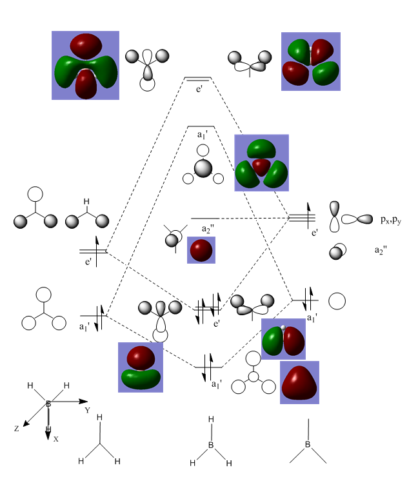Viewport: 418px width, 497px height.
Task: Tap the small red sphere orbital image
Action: (201, 250)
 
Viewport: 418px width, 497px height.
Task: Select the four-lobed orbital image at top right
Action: (311, 61)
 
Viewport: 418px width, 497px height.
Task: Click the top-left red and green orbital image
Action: (85, 65)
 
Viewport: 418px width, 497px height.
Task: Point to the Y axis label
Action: (87, 410)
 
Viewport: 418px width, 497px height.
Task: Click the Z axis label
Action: (18, 428)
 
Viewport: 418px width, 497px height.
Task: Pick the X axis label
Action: (56, 438)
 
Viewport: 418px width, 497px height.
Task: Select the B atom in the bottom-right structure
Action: (308, 445)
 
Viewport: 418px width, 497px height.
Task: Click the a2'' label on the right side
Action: (383, 249)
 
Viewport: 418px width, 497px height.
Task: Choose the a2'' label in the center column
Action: (208, 229)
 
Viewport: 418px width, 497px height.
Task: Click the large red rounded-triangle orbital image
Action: (300, 382)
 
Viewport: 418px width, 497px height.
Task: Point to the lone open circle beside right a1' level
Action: (337, 301)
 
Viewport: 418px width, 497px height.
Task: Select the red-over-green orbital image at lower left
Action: (141, 367)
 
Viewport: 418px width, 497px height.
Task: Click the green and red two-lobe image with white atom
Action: (283, 339)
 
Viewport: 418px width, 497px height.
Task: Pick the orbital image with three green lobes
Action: (261, 163)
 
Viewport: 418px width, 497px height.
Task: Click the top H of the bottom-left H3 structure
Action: (99, 418)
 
